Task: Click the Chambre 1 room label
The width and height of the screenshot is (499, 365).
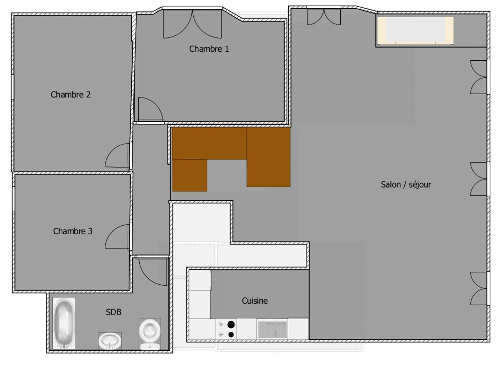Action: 209,49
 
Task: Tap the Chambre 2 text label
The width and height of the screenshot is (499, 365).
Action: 70,95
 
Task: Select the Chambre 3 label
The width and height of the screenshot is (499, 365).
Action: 73,231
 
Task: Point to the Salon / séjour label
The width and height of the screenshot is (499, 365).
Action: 406,184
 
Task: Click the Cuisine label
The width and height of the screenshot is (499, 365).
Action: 255,301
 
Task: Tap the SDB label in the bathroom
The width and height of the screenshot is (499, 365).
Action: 114,312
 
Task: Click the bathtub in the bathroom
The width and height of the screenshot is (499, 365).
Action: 64,323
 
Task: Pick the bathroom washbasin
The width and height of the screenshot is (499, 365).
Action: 110,341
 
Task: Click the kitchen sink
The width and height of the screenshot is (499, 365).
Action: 272,329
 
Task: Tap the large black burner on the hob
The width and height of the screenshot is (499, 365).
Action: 231,325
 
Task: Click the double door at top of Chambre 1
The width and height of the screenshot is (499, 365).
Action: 192,24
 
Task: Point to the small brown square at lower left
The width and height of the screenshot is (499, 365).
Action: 190,175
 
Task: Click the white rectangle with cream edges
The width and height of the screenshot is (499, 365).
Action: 415,31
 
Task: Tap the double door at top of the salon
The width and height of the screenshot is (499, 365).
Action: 324,17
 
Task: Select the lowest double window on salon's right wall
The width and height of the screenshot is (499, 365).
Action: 479,288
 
